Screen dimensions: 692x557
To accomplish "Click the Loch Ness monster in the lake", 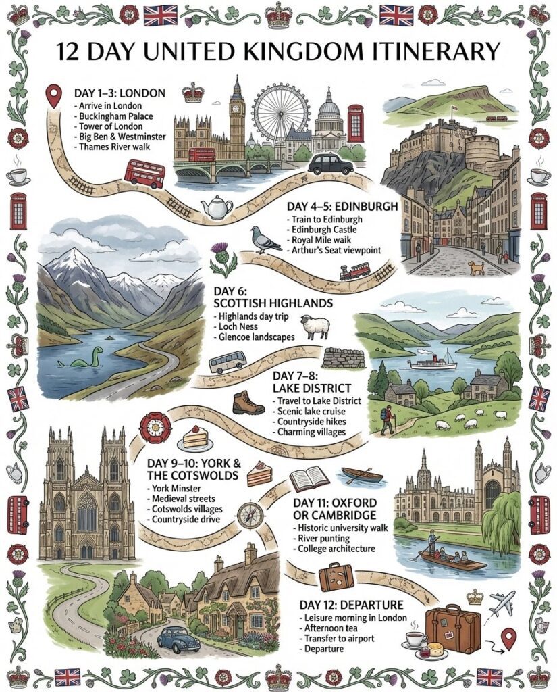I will tap(88, 358).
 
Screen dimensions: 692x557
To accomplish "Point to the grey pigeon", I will tap(266, 239).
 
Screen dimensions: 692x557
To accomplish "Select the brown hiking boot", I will tap(247, 403).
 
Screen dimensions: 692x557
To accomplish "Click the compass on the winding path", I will tap(250, 515).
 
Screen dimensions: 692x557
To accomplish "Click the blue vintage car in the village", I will tap(178, 639).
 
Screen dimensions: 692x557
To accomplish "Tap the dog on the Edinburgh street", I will tap(477, 268).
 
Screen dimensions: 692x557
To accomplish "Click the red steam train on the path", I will tap(354, 271).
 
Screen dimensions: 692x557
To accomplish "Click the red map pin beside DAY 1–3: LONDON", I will tap(52, 97).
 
